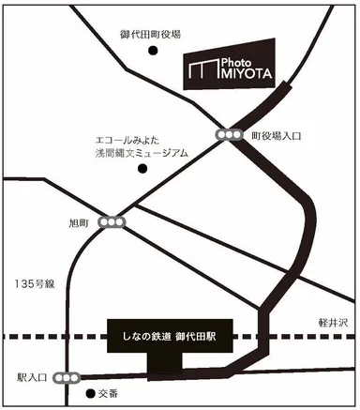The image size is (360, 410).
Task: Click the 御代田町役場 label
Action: tap(151, 34)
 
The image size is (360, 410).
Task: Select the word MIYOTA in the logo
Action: tap(243, 72)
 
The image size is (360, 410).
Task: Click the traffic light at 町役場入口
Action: tap(228, 136)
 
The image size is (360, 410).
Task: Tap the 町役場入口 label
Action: tap(277, 136)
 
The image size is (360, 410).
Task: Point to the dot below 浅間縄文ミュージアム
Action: tap(143, 170)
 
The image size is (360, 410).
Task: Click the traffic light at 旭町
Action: tap(112, 223)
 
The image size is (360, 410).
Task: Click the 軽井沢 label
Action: tap(332, 323)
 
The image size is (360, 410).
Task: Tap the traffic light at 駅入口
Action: tap(67, 377)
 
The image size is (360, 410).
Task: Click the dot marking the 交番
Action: tap(90, 394)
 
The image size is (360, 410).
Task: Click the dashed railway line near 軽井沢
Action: tap(319, 336)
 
